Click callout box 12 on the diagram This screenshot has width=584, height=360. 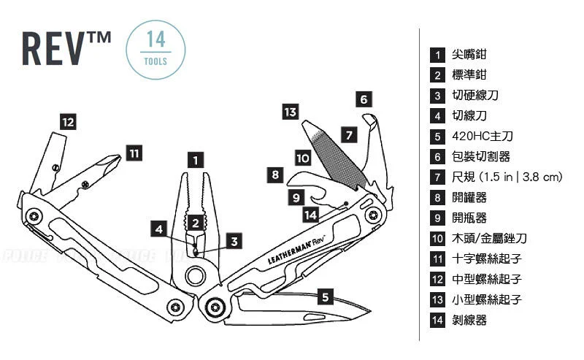[68, 122]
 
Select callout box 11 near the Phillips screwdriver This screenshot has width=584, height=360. [134, 153]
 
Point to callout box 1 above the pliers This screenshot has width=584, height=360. [195, 159]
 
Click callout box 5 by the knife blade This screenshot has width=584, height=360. [326, 296]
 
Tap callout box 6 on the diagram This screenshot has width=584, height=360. [365, 99]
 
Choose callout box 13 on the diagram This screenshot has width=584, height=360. [291, 112]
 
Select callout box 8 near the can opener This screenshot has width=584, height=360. [275, 175]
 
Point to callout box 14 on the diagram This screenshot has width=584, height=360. [311, 215]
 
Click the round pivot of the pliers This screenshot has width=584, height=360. [196, 276]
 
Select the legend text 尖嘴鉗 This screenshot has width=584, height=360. [469, 55]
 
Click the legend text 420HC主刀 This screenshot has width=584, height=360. [478, 136]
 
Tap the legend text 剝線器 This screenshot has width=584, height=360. [469, 320]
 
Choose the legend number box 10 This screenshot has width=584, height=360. [438, 238]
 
